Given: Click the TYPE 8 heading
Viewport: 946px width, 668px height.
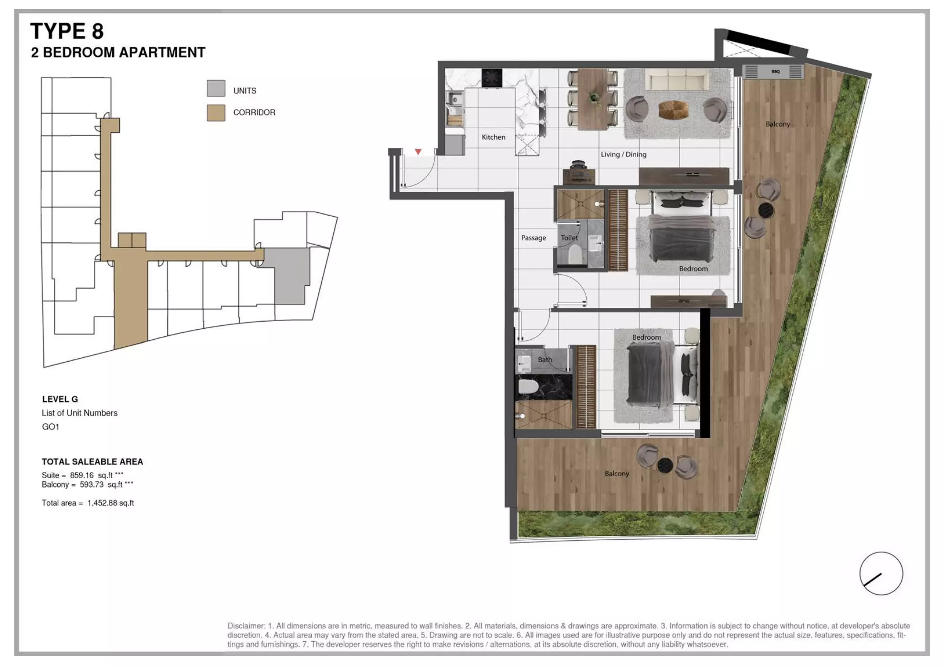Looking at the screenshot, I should [67, 31].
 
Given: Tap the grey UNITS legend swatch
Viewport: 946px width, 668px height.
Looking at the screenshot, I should [216, 88].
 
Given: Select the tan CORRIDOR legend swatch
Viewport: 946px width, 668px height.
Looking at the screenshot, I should [216, 113].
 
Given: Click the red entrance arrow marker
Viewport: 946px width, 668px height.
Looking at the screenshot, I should [418, 152].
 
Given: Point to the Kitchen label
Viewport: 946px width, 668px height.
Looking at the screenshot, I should [493, 137].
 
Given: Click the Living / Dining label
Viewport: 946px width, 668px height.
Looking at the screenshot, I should [623, 155].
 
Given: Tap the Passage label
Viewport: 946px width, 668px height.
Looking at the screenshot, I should [533, 238].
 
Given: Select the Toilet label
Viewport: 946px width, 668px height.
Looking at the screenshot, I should [569, 238].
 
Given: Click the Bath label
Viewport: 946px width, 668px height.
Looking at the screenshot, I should [545, 360].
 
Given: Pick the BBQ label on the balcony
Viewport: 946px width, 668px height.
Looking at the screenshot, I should [775, 72].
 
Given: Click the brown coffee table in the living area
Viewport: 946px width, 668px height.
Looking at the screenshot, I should [673, 109].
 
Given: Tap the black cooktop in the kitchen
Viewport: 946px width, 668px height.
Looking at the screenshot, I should [492, 77].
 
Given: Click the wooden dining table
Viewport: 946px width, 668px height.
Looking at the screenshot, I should [593, 99].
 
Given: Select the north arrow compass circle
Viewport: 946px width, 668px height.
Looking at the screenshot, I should [881, 574].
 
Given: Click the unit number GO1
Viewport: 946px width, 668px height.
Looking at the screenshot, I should [51, 427].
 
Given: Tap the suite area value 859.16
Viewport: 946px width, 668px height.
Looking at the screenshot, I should [82, 475].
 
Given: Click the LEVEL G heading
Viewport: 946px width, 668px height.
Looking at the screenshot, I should [60, 399].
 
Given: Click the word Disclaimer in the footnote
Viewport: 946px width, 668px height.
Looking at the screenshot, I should [246, 626].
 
